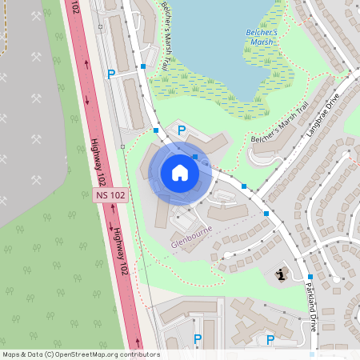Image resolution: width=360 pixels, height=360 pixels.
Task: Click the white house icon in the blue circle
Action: (x=180, y=172)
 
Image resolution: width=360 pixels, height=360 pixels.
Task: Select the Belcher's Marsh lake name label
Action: (x=262, y=37)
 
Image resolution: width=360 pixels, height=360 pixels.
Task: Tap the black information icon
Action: (x=281, y=274)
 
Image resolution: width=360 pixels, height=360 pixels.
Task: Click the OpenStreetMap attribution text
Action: (x=81, y=354)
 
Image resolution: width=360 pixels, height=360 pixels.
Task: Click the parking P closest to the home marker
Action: (x=182, y=130)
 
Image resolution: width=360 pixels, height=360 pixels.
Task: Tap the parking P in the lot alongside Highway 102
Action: (x=111, y=74)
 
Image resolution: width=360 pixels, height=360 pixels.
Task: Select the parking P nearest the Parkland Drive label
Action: (x=270, y=340)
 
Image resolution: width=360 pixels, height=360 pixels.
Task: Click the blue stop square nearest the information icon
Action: (x=310, y=277)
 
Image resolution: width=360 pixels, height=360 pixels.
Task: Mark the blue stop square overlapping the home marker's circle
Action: (x=195, y=157)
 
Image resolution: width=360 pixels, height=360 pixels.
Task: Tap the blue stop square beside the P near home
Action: (x=156, y=129)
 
